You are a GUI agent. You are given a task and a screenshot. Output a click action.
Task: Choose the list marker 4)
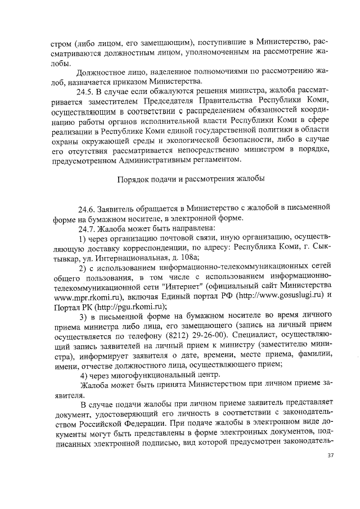pos(83,376)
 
